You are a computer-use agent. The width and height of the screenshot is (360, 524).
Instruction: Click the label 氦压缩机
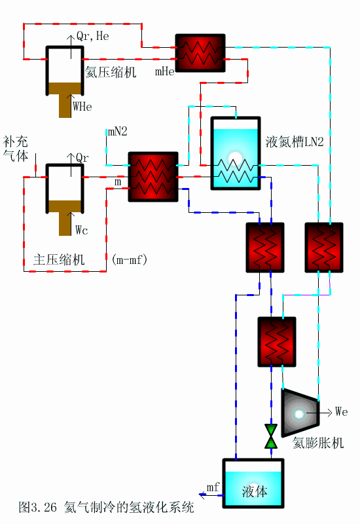tap(111, 73)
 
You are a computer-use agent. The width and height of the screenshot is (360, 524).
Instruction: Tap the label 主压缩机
tap(59, 259)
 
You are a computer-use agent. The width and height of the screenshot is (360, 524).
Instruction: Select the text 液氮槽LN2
tap(295, 142)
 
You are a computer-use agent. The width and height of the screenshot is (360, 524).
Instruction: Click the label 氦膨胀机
tap(317, 443)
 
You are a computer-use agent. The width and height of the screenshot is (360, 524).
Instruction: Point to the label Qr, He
tap(93, 37)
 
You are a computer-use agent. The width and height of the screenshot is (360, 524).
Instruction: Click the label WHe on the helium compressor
tap(82, 105)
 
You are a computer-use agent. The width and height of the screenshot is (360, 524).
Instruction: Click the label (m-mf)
tap(130, 260)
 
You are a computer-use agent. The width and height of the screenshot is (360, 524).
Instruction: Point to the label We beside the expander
tap(341, 412)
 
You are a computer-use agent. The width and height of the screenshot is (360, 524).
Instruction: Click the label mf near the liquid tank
tap(213, 487)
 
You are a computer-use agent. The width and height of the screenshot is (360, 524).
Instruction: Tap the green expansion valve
tap(270, 436)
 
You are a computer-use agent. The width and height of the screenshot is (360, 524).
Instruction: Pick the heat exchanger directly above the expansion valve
tap(276, 341)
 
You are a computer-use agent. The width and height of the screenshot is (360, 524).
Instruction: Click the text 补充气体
tap(16, 147)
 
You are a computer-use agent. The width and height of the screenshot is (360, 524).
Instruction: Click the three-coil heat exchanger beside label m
tap(153, 176)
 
